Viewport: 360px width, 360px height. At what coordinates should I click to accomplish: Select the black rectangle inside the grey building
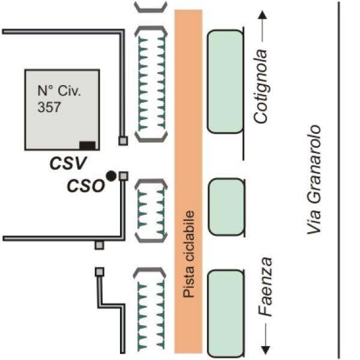[x=88, y=145]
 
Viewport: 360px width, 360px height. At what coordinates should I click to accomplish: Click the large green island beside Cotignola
[x=225, y=82]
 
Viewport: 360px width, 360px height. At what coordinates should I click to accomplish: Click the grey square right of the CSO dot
[x=124, y=175]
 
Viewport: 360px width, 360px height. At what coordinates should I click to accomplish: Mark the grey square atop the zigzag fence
[x=100, y=271]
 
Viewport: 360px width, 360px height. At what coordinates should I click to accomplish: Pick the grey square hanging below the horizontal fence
[x=100, y=245]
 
